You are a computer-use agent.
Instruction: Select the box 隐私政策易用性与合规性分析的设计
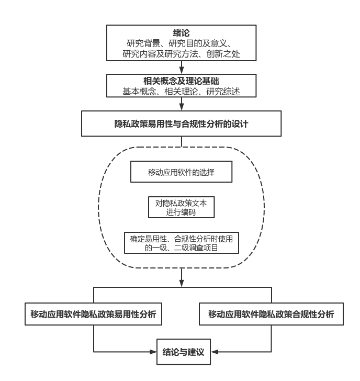coord(180,125)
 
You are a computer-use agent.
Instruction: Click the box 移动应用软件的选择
coord(180,172)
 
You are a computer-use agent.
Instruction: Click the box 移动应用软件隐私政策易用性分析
coord(93,316)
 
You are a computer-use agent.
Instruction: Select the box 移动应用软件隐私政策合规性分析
coord(271,316)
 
